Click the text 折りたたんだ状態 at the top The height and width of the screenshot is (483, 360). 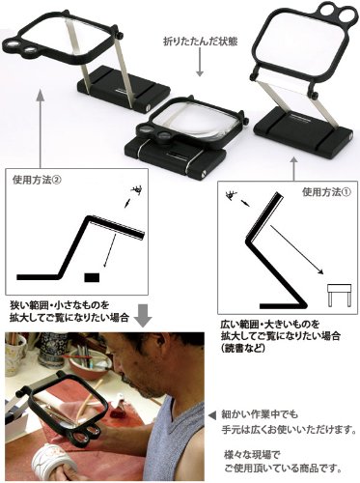pyautogui.click(x=200, y=42)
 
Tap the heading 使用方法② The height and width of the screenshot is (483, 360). pyautogui.click(x=37, y=180)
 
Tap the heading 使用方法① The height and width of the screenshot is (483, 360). pyautogui.click(x=326, y=192)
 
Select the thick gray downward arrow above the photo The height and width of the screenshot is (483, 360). pyautogui.click(x=143, y=314)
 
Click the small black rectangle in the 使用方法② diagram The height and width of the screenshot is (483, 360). pyautogui.click(x=92, y=277)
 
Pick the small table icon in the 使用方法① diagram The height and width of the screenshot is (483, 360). pyautogui.click(x=339, y=295)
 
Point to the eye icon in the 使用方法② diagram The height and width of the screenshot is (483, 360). pyautogui.click(x=137, y=190)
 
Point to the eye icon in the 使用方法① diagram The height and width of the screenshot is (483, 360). pyautogui.click(x=232, y=195)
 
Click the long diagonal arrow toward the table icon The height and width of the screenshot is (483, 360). pyautogui.click(x=296, y=250)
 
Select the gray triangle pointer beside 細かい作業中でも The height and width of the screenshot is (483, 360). pyautogui.click(x=212, y=415)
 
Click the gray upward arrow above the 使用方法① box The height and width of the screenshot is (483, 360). pyautogui.click(x=293, y=169)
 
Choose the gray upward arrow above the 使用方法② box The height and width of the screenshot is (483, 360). pyautogui.click(x=40, y=128)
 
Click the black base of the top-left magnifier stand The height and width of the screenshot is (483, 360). pyautogui.click(x=124, y=88)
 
